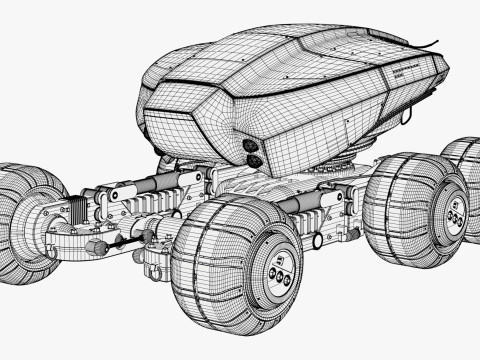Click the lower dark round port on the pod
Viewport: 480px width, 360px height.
coord(254,160)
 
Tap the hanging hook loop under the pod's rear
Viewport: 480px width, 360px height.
coord(408,119)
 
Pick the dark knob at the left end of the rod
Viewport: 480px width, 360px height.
coord(96,247)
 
